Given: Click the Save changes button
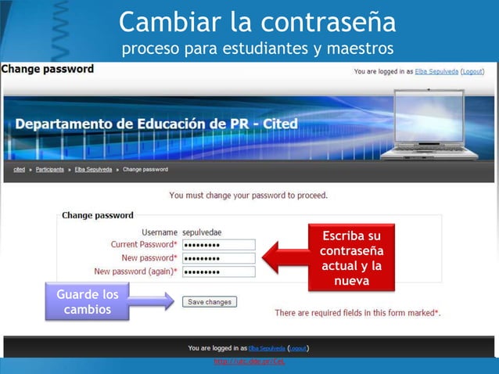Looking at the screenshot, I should coord(209,301).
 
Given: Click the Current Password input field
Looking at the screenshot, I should coord(218,244).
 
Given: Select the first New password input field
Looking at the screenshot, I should coord(218,257).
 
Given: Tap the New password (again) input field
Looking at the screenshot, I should coord(218,272).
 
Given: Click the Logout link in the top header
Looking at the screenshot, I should coord(472,71).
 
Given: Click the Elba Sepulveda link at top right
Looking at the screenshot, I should coord(436,71).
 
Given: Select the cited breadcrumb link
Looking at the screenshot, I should coord(20,169).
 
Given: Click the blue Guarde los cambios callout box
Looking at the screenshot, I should coord(88,303).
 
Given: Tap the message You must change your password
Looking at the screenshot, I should coord(249,195).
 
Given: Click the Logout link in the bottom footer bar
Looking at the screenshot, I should coord(298,347).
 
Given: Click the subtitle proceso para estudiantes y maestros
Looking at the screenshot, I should coord(257,49).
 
